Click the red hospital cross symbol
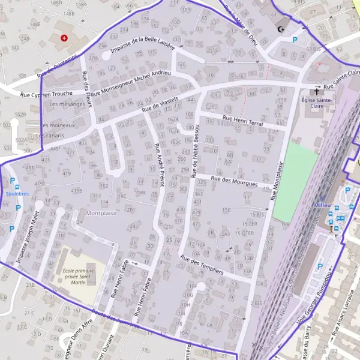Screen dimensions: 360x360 [x=64, y=37]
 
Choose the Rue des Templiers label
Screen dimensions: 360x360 [x=202, y=264]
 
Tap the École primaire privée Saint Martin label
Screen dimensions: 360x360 [x=79, y=276]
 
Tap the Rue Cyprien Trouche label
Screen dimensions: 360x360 [x=46, y=94]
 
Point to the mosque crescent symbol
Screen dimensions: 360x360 [x=280, y=28]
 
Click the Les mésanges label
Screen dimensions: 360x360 [x=67, y=104]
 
